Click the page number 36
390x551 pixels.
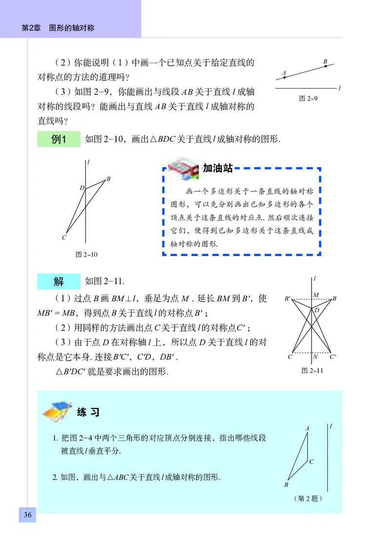(x=27, y=515)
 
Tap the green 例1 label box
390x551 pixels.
(x=58, y=140)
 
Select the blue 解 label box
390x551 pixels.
(x=58, y=281)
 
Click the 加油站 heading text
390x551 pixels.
(x=217, y=168)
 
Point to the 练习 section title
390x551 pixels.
(x=88, y=412)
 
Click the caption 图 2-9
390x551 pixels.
(x=308, y=98)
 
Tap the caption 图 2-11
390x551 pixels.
(x=312, y=370)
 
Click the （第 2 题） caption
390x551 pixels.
(x=308, y=498)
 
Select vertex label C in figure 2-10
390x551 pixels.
(x=64, y=238)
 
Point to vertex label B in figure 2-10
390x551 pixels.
(x=108, y=179)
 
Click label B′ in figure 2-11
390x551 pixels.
(x=288, y=298)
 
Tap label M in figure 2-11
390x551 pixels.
(x=316, y=295)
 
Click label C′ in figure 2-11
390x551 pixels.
(x=332, y=357)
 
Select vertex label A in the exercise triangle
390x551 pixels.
(x=307, y=428)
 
